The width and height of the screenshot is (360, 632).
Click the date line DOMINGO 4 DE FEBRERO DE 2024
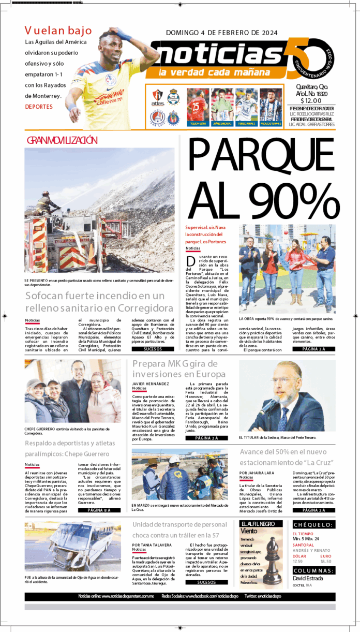[221, 33]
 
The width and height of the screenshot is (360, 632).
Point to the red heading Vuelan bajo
[58, 31]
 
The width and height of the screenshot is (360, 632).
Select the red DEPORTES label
[39, 107]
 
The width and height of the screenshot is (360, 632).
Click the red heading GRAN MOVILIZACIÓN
[62, 140]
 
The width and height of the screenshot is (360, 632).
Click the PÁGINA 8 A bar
[99, 510]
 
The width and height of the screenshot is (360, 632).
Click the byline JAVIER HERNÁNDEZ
[151, 384]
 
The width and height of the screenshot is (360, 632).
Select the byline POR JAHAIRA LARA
[257, 473]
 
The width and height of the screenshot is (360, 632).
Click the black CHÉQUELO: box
[313, 524]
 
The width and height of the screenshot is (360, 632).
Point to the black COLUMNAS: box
[313, 570]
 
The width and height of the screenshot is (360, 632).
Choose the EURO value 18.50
[326, 561]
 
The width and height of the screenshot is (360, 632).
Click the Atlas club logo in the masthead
[158, 97]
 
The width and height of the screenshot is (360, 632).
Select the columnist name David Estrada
[307, 579]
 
